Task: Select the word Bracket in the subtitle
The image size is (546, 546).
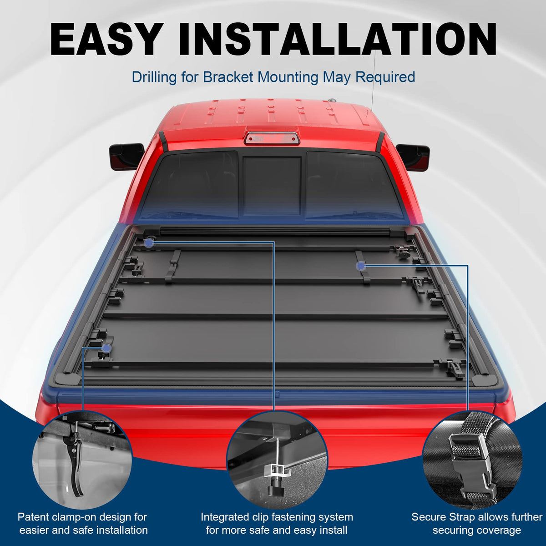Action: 228,77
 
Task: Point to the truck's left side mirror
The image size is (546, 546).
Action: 126,157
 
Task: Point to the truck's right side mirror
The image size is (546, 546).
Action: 413,156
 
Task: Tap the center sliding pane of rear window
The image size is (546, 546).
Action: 272,186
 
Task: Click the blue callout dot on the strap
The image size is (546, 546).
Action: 361,266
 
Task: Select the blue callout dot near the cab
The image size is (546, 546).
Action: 149,242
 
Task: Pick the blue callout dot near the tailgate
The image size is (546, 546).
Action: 106,348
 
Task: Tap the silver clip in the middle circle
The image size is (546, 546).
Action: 275,470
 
